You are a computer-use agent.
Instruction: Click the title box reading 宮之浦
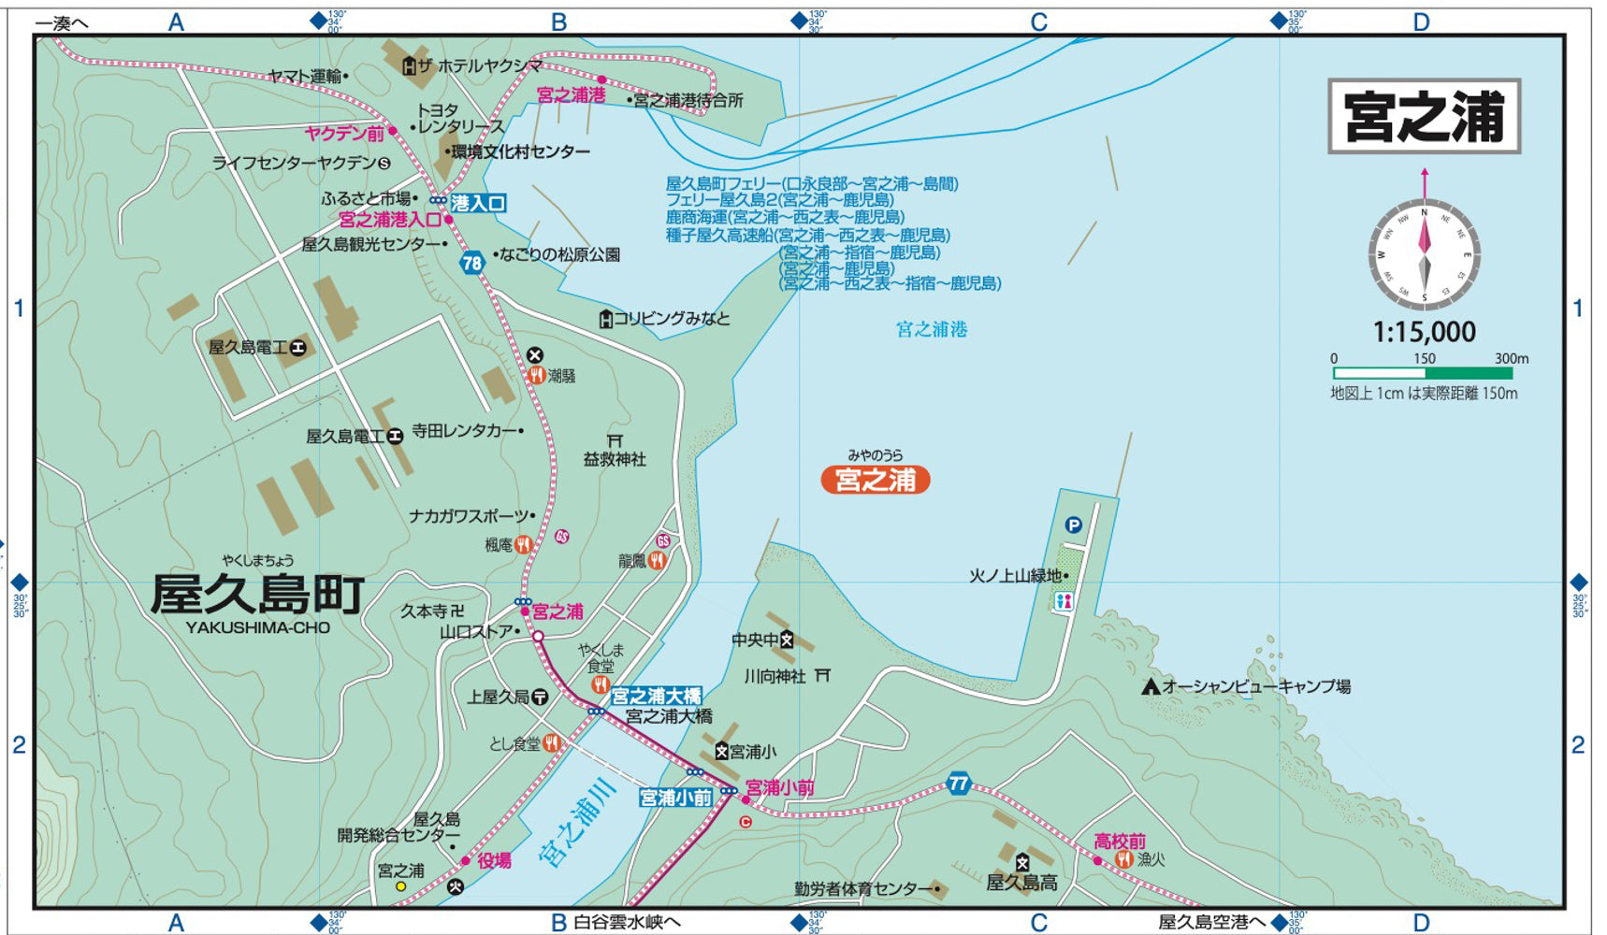pyautogui.click(x=1424, y=116)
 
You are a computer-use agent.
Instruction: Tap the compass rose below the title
pyautogui.click(x=1425, y=254)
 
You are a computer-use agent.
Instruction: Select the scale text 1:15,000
pyautogui.click(x=1424, y=332)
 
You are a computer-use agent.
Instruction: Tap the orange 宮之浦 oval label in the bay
pyautogui.click(x=876, y=480)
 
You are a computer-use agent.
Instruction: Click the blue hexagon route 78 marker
pyautogui.click(x=472, y=263)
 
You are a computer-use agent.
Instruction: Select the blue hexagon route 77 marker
pyautogui.click(x=958, y=784)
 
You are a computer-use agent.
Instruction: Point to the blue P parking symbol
pyautogui.click(x=1073, y=525)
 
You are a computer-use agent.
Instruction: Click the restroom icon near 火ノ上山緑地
pyautogui.click(x=1064, y=601)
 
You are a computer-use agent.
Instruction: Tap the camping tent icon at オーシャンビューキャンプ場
pyautogui.click(x=1151, y=686)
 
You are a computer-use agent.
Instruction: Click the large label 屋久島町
pyautogui.click(x=258, y=595)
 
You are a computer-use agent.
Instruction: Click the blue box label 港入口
pyautogui.click(x=478, y=203)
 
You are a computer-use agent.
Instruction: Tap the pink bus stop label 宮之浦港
pyautogui.click(x=571, y=94)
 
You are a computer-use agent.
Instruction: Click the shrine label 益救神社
pyautogui.click(x=615, y=459)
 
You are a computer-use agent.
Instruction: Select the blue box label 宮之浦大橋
pyautogui.click(x=656, y=696)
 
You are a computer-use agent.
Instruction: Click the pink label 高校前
pyautogui.click(x=1120, y=841)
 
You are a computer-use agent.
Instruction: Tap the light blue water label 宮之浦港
pyautogui.click(x=932, y=329)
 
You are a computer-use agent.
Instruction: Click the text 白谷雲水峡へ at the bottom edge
pyautogui.click(x=627, y=923)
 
